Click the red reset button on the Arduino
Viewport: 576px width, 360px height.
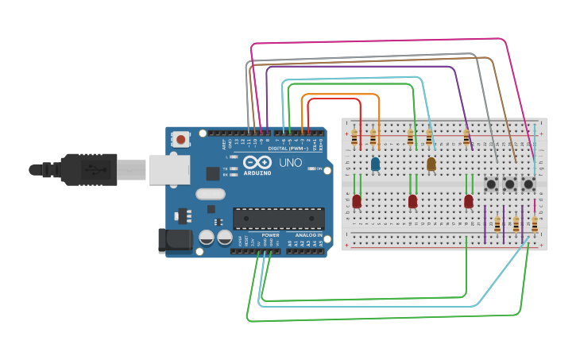point(181,140)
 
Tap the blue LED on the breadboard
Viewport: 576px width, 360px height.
point(375,165)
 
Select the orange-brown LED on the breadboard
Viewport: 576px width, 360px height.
point(431,165)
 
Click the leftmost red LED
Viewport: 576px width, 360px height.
point(357,201)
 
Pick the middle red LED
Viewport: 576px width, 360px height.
point(412,201)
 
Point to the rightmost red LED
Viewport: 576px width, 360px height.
point(469,201)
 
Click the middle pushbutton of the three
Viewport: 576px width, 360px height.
point(510,184)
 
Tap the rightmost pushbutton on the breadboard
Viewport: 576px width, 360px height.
point(528,184)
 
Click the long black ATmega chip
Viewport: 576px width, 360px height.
point(278,218)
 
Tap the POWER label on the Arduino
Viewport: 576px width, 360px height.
point(270,235)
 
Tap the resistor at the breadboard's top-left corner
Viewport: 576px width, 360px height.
point(354,138)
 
